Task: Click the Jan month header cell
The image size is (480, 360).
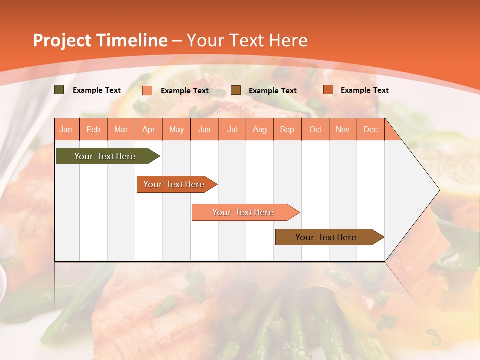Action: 66,129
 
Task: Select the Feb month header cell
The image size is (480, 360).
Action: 93,129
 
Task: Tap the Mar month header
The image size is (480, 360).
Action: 121,129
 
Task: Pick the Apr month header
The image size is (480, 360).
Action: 149,129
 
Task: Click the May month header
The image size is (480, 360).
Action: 176,129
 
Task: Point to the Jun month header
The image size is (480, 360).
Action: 204,129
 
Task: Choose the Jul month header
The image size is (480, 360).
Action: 232,129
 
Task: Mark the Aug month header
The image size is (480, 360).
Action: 260,129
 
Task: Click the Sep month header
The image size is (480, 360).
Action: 287,129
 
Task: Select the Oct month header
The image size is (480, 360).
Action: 315,129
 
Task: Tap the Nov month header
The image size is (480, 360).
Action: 343,129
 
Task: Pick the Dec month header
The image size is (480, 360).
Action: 370,129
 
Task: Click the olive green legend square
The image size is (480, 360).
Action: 59,90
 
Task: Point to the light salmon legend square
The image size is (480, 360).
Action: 147,90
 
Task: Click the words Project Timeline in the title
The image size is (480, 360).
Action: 100,40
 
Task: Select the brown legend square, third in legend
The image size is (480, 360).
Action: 236,90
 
